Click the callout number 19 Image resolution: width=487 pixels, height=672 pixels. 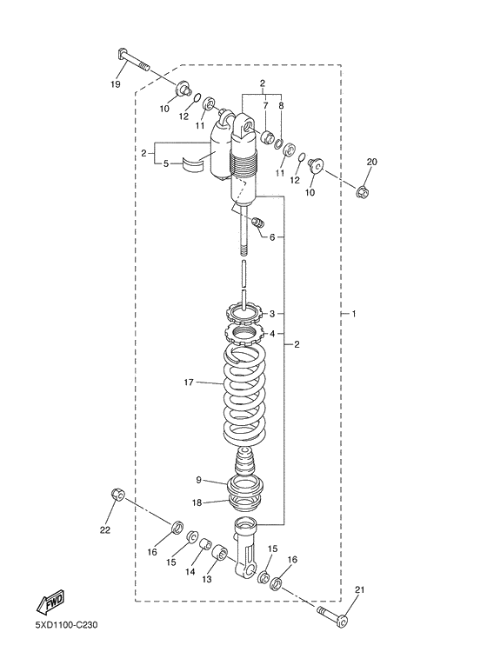pos(116,84)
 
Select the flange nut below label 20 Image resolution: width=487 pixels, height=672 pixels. pos(364,188)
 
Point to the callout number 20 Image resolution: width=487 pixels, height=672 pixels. pos(372,162)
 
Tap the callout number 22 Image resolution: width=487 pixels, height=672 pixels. pos(105,529)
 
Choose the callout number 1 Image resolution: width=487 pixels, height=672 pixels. pos(353,313)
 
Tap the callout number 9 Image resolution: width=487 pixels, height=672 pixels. pos(198,479)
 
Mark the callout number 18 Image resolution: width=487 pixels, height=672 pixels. pos(197,502)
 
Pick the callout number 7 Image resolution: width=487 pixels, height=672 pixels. pos(266,104)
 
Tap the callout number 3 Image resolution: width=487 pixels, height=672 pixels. pos(271,313)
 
